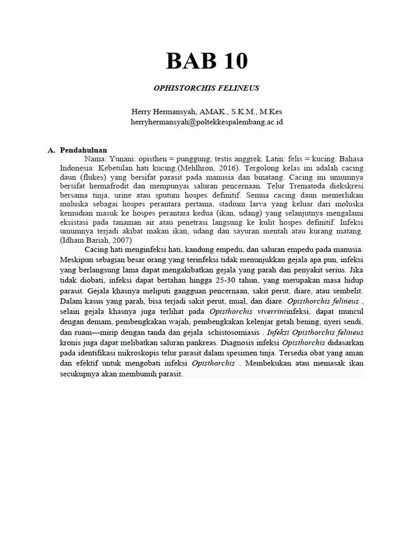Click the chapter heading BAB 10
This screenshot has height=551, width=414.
tap(207, 61)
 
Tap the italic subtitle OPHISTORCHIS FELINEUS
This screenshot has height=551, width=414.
tap(207, 87)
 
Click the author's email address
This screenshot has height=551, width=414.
tap(207, 122)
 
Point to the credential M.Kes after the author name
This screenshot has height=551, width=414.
tap(271, 112)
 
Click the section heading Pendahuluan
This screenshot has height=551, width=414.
tap(84, 150)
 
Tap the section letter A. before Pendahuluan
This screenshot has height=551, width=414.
tap(52, 150)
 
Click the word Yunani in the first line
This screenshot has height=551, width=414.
tap(122, 159)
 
